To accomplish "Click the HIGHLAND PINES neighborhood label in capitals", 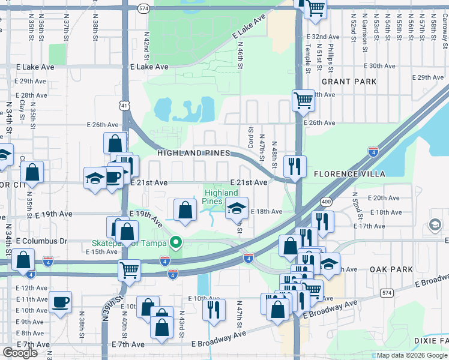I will click(x=193, y=154).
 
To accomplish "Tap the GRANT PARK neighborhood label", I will click(x=349, y=81).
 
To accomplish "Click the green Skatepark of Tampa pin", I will click(x=176, y=243).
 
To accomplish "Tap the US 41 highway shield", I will click(x=124, y=106).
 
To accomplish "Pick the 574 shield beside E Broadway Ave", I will click(x=387, y=292).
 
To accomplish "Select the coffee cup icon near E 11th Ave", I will click(x=60, y=302).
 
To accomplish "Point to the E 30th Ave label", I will click(x=379, y=66).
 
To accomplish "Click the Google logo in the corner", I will click(x=20, y=353).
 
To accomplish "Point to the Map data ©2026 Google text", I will click(x=412, y=355).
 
